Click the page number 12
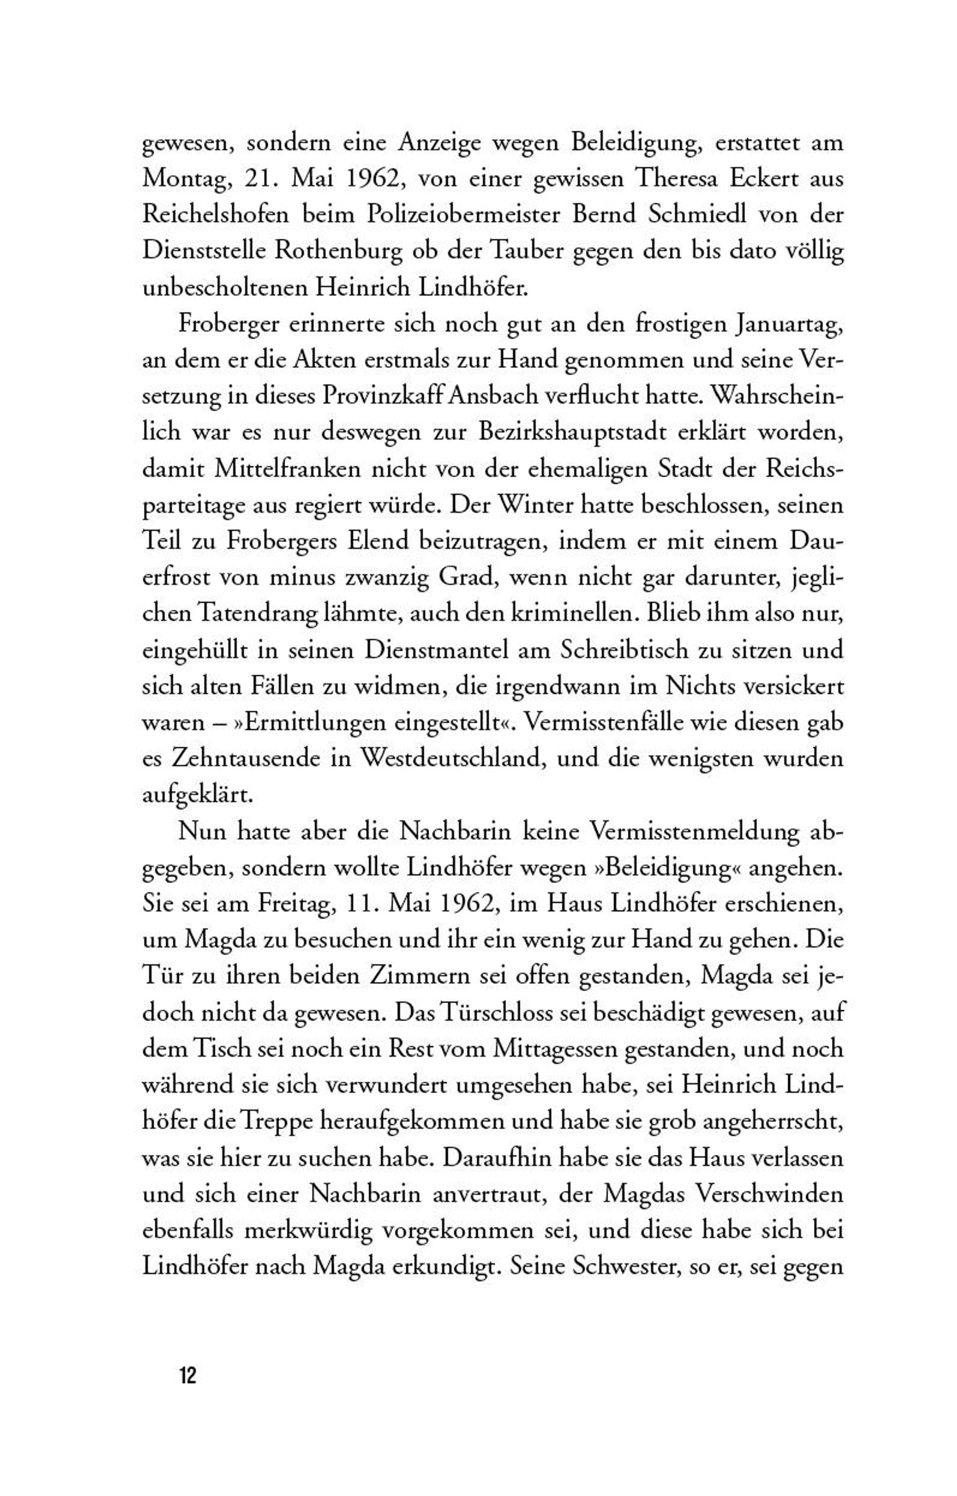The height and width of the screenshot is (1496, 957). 188,1376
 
